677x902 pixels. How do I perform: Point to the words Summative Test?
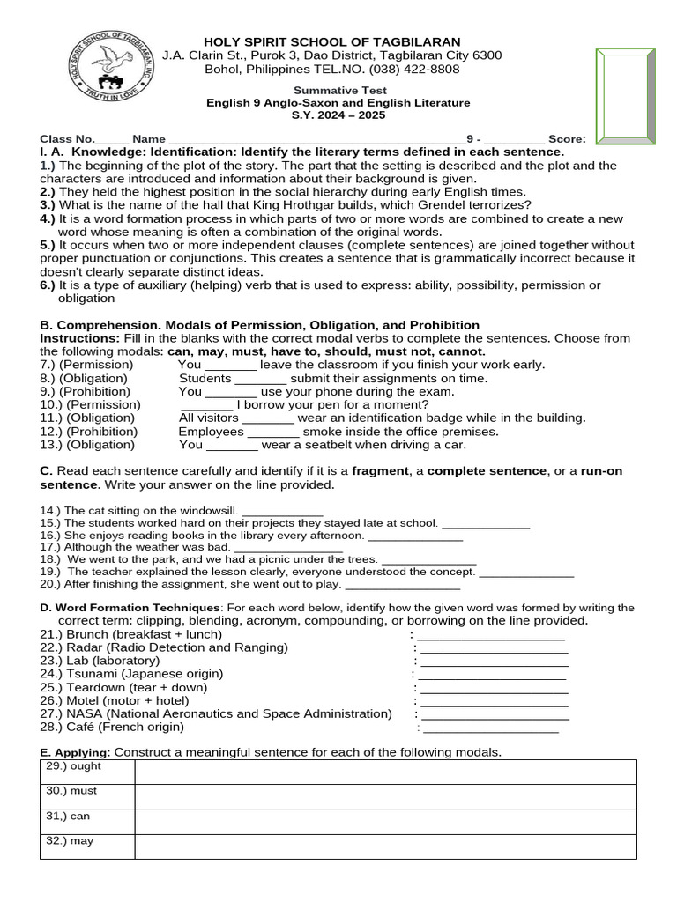coord(339,90)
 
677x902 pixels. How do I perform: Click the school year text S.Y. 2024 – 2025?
coord(339,115)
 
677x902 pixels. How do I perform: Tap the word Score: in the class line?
coord(567,139)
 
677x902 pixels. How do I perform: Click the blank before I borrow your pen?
coord(212,405)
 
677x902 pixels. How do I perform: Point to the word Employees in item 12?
coord(211,432)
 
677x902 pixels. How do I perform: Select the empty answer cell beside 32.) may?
coord(385,847)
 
